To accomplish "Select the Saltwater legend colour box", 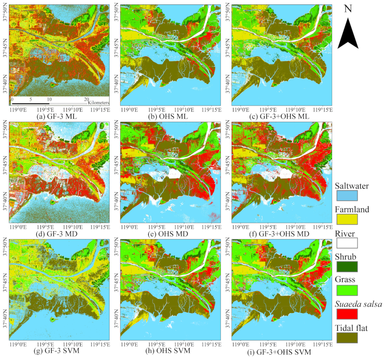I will [x=347, y=195].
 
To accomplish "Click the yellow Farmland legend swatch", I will [x=347, y=218].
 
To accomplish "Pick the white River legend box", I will [x=347, y=242].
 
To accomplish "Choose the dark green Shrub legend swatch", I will [x=347, y=266].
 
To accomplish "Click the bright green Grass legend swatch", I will [x=347, y=290].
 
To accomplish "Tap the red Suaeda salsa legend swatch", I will [x=347, y=313].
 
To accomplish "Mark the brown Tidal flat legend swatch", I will [x=347, y=337].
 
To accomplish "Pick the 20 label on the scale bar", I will [x=86, y=99].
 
